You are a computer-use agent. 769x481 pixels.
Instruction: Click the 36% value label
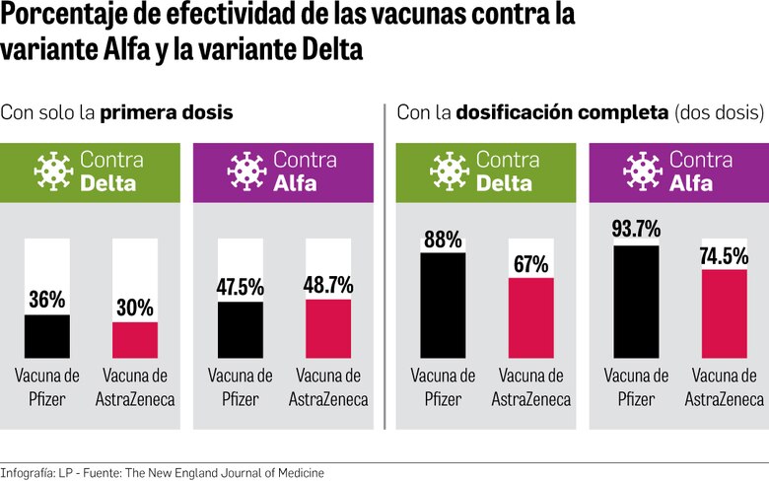(x=47, y=300)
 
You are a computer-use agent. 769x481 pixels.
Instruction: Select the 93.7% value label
(x=636, y=230)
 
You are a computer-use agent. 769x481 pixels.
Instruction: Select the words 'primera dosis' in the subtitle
(x=166, y=112)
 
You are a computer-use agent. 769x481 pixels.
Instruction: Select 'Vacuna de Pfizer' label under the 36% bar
(x=47, y=386)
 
